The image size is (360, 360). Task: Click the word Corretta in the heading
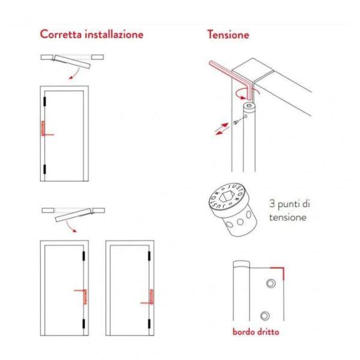click(x=61, y=34)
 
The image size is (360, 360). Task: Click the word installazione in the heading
click(x=114, y=34)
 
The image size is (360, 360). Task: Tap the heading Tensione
click(x=228, y=34)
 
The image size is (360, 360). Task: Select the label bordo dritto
click(x=256, y=332)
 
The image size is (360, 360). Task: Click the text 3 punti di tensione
click(x=289, y=211)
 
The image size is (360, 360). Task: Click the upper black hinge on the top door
click(x=44, y=101)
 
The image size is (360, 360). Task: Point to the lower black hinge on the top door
click(x=44, y=169)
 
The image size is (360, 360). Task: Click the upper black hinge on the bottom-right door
click(x=149, y=256)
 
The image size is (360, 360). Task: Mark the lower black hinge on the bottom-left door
click(x=83, y=323)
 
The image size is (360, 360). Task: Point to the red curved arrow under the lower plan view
click(x=70, y=227)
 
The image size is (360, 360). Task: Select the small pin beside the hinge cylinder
click(x=236, y=122)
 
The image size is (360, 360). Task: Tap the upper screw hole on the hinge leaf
click(x=271, y=283)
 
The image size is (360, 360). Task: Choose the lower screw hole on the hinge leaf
click(x=265, y=316)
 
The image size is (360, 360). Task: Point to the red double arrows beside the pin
click(x=222, y=129)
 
